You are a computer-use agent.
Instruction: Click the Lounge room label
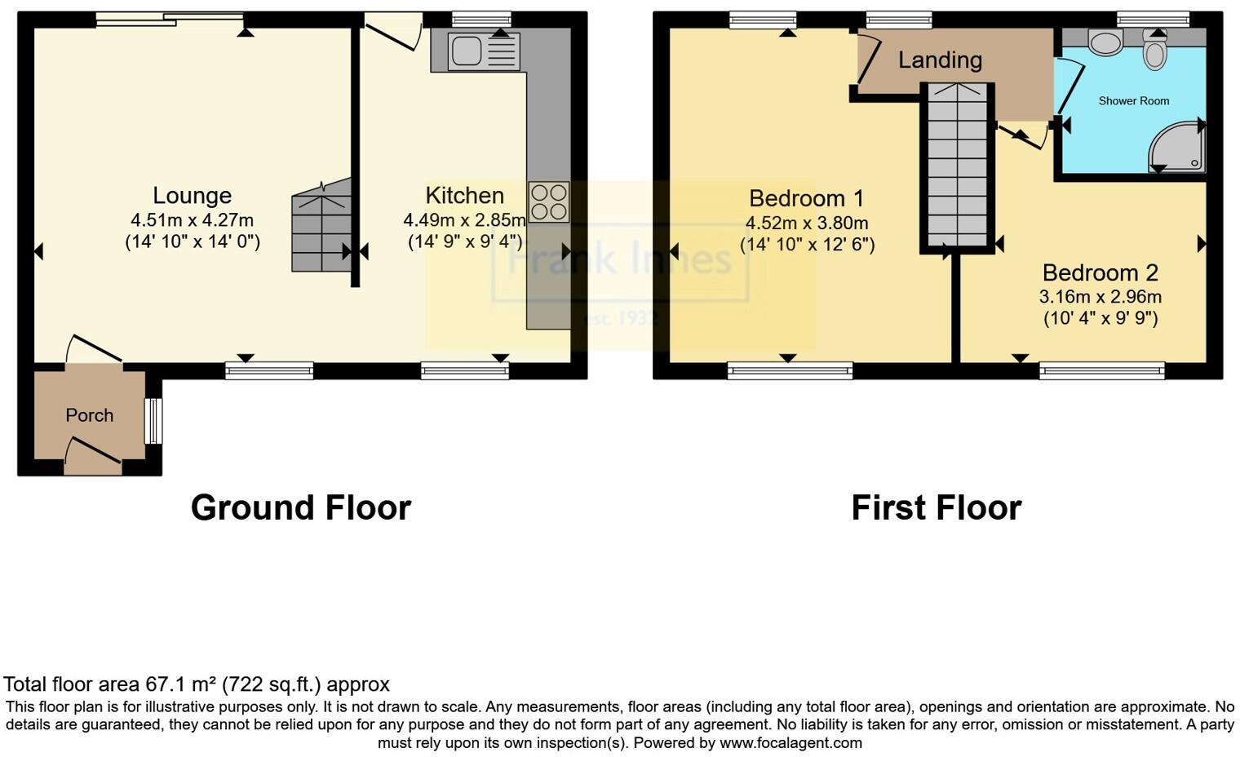(x=193, y=196)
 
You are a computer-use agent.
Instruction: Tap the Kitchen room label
(x=464, y=196)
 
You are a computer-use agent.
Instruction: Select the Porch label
(x=89, y=415)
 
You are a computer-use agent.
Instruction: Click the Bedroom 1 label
(x=806, y=198)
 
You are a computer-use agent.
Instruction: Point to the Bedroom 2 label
(x=1100, y=272)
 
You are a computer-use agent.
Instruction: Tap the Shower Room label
(x=1133, y=101)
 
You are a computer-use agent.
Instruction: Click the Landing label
(x=940, y=60)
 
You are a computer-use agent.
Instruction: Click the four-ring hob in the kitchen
(x=548, y=202)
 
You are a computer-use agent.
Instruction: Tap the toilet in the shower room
(x=1154, y=51)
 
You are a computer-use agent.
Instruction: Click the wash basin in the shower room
(x=1105, y=42)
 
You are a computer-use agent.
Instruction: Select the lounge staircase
(x=321, y=228)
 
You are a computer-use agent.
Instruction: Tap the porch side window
(x=153, y=420)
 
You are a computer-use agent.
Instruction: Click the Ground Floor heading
(x=300, y=507)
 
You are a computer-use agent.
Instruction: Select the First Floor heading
(x=936, y=507)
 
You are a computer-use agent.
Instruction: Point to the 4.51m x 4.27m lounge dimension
(x=193, y=220)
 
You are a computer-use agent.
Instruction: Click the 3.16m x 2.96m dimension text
(x=1100, y=297)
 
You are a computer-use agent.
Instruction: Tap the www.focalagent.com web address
(x=790, y=743)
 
